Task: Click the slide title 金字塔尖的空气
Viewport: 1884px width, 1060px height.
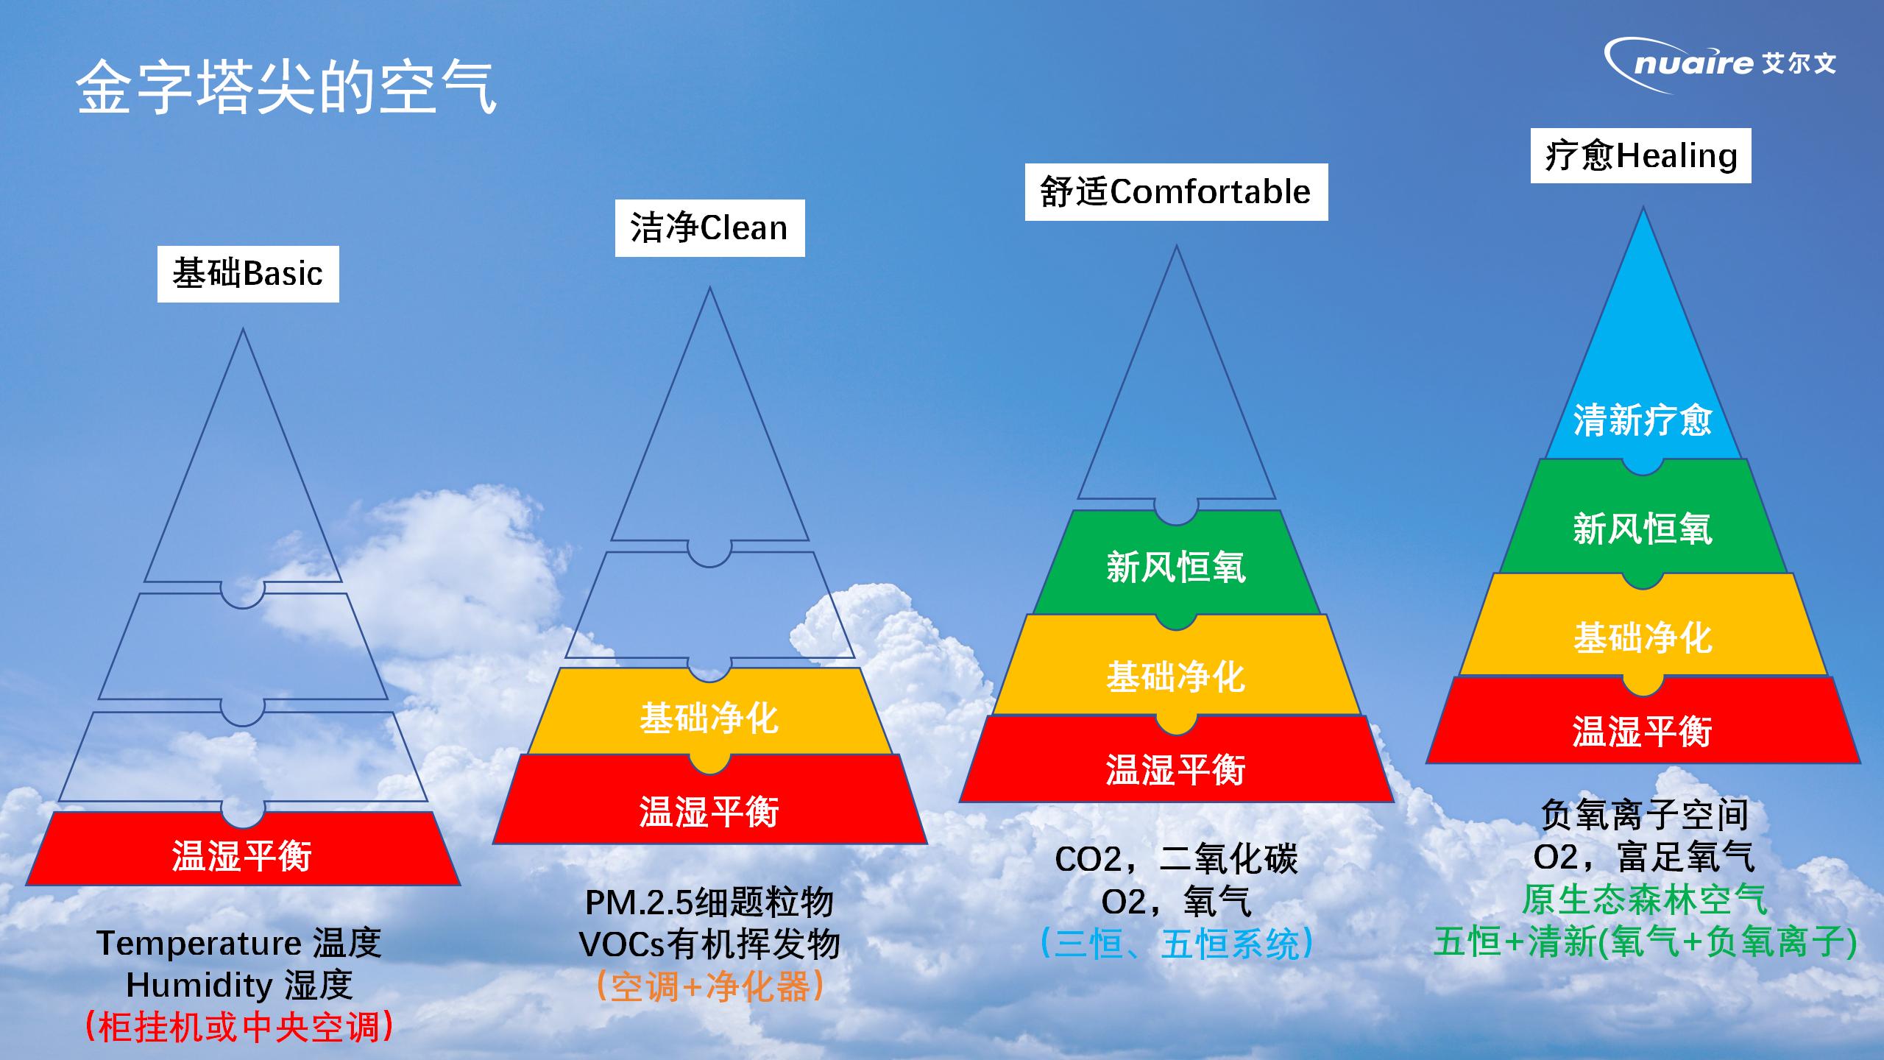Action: point(286,88)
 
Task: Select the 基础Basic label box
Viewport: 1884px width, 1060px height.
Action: point(248,274)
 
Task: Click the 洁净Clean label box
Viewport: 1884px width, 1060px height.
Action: point(709,228)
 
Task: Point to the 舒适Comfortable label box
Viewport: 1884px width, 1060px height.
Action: point(1176,192)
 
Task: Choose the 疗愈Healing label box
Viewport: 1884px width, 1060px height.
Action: point(1640,156)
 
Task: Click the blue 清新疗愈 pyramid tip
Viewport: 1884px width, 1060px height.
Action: point(1643,368)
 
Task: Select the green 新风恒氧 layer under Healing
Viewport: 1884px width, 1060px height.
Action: point(1643,524)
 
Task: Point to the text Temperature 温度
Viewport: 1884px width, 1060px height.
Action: point(239,943)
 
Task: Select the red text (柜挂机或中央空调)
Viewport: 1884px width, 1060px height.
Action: point(239,1027)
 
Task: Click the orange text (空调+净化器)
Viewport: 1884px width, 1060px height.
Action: point(709,986)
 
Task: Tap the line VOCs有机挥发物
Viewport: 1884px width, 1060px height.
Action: point(709,944)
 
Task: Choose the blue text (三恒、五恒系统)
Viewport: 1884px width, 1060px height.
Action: point(1176,944)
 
